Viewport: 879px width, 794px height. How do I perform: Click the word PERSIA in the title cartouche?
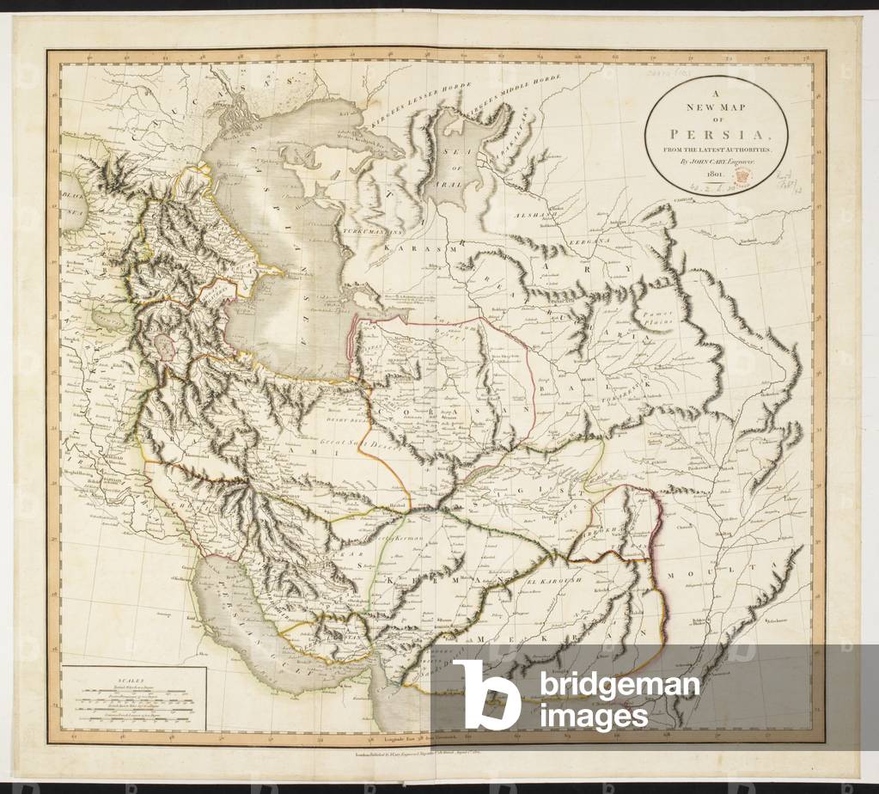pos(716,136)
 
